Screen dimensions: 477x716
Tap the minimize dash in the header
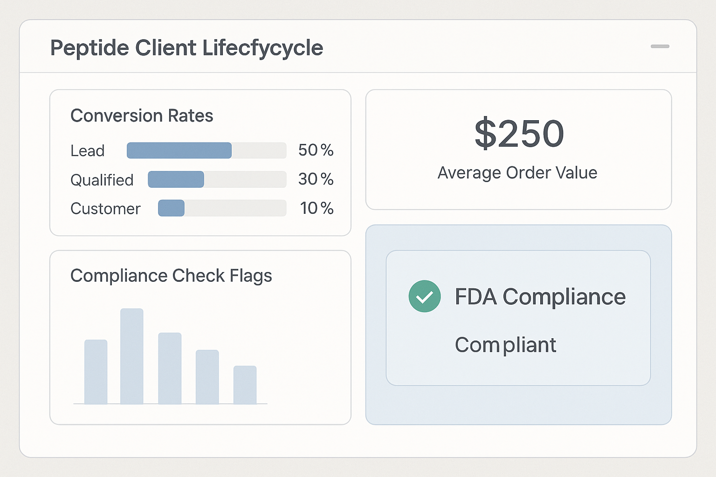(660, 47)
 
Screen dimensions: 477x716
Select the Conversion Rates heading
(142, 116)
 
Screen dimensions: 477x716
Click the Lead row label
(87, 151)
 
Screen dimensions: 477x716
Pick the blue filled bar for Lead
(179, 150)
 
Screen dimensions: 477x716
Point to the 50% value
(316, 150)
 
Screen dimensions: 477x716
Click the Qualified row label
(102, 180)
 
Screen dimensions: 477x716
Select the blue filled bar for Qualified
(176, 179)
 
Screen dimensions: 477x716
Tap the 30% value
(316, 179)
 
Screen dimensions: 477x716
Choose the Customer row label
(105, 209)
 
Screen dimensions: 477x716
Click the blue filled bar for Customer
(171, 208)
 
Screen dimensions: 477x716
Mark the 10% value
(317, 208)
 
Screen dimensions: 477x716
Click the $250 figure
(519, 134)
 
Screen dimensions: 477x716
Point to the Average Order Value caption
(517, 173)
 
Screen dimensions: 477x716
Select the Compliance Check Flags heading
(171, 276)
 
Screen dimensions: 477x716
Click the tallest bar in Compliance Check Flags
(132, 356)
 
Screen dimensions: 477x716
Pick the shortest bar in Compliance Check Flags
(245, 385)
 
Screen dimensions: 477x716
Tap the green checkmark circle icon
(425, 296)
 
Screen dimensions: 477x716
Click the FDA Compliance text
(540, 297)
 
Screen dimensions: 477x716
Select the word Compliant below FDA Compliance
(505, 345)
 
